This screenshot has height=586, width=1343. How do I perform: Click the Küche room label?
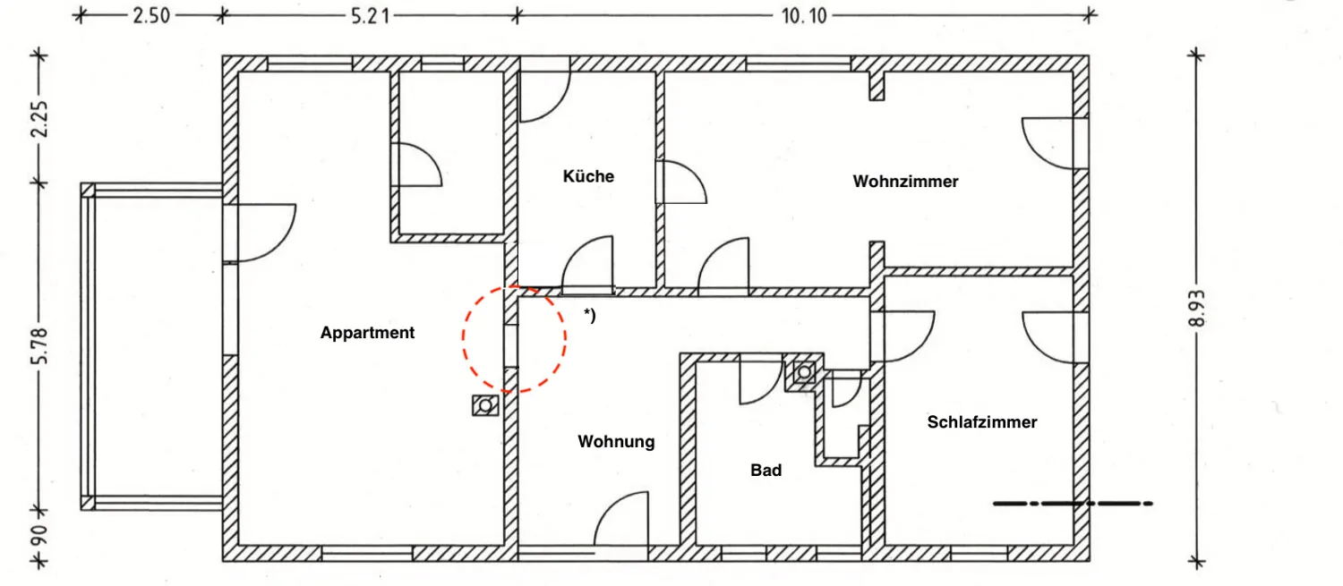588,176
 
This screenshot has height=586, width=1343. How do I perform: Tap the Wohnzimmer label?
905,182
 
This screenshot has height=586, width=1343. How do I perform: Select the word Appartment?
367,333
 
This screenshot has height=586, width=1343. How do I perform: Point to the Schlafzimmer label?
982,422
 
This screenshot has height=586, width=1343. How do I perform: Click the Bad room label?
766,470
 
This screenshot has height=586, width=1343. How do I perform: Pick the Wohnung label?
616,441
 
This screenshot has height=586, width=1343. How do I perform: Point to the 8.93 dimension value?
1198,310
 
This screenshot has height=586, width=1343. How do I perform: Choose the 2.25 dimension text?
38,117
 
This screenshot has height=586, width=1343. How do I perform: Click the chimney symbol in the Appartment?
484,407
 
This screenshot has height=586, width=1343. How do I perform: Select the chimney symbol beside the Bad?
803,371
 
